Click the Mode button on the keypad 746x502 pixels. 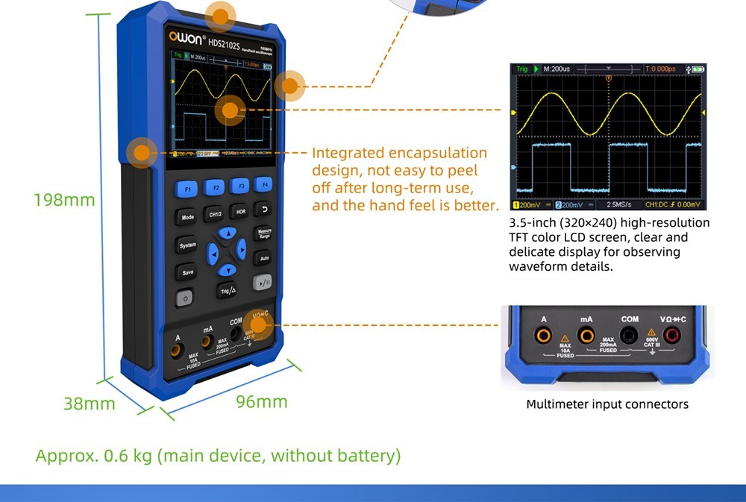click(187, 217)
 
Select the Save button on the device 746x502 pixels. click(188, 272)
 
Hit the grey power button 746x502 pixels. click(185, 298)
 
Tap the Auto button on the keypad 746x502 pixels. click(263, 259)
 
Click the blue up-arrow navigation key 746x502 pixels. click(226, 234)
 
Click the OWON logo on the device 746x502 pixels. click(181, 36)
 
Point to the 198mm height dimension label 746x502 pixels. click(65, 200)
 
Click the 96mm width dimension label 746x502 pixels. click(261, 401)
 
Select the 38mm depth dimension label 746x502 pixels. click(90, 404)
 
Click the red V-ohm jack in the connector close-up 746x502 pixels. click(672, 336)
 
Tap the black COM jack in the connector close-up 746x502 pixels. click(630, 336)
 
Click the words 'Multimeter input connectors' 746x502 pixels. click(607, 404)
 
